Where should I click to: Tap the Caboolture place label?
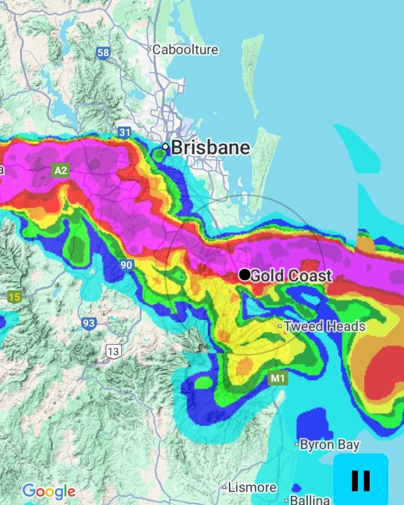click(x=185, y=49)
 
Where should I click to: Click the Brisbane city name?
click(x=210, y=148)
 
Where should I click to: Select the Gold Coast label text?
click(x=291, y=276)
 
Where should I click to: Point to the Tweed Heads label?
click(x=324, y=326)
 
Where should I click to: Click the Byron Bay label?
click(x=329, y=445)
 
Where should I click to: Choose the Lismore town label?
click(x=252, y=488)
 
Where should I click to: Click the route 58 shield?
click(x=103, y=53)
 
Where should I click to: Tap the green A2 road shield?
click(x=60, y=170)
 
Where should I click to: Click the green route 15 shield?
click(x=14, y=297)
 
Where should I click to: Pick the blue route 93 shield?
click(x=89, y=323)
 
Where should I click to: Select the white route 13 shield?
click(x=113, y=352)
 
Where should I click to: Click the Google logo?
click(x=49, y=492)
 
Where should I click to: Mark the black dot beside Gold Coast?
click(x=245, y=275)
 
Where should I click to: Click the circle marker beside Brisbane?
click(x=166, y=147)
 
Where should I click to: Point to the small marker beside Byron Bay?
click(x=297, y=444)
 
